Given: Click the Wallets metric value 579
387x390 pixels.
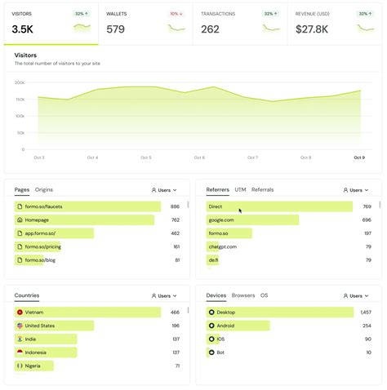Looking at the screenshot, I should [116, 29].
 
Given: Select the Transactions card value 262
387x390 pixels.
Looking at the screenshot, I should [210, 29].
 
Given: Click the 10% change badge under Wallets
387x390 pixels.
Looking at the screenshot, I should [176, 14].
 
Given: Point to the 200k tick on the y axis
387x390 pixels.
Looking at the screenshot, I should [20, 82].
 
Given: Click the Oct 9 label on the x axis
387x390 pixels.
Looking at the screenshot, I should [358, 157].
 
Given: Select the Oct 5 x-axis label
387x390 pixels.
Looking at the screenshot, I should [145, 157].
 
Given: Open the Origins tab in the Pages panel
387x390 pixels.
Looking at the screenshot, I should [44, 189].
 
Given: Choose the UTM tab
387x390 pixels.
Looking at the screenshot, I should [240, 189].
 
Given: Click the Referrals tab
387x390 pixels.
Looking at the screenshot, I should [262, 189].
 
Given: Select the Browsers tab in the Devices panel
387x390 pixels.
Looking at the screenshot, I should [243, 295].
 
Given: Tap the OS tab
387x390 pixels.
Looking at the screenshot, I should [264, 295].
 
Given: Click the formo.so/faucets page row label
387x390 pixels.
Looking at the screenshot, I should [43, 206].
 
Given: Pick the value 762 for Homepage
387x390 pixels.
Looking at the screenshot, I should [176, 219].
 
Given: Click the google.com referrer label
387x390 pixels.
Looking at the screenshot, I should [221, 219].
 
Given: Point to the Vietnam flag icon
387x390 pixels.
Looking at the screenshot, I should [20, 312].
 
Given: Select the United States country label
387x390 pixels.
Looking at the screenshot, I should [40, 326].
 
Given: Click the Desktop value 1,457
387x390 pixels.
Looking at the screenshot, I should [365, 312].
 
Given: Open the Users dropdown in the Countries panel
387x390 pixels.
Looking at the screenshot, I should [164, 295].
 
